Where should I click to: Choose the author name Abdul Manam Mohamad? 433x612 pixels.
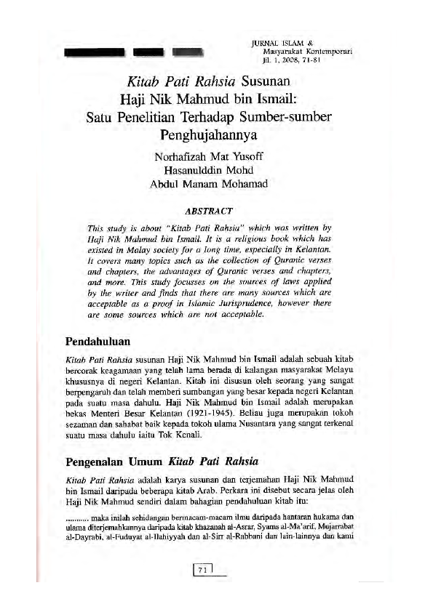(x=209, y=183)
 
